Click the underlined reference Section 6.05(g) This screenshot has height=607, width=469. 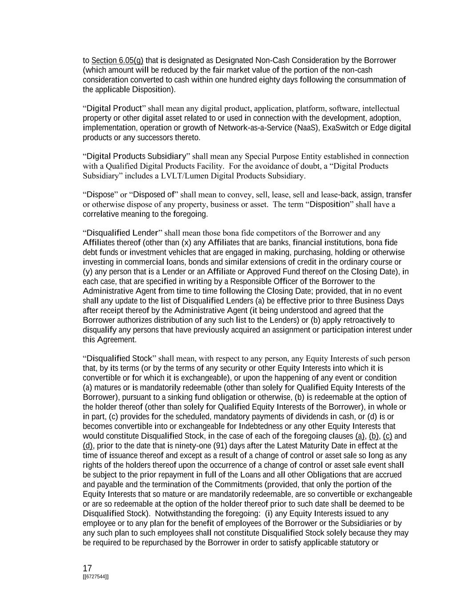click(x=117, y=60)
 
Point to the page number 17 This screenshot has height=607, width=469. click(x=87, y=568)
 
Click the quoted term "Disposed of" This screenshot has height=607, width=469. click(x=153, y=195)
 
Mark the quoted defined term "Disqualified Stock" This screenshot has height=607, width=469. click(x=120, y=358)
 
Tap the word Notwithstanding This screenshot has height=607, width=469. click(x=182, y=514)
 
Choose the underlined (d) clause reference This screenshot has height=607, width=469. click(x=88, y=446)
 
